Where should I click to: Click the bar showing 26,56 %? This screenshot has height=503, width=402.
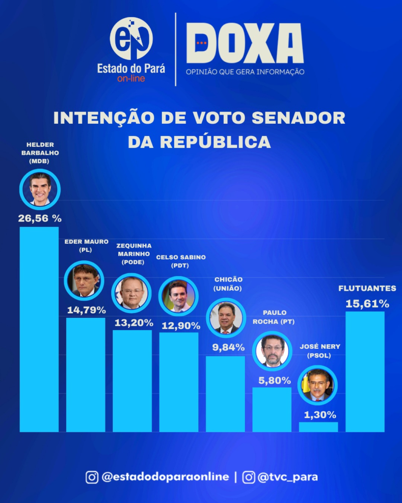pos(39,329)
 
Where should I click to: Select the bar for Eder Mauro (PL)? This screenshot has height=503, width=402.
pos(85,374)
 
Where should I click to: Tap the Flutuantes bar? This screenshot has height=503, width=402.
pos(365,371)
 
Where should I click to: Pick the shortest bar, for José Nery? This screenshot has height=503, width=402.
pos(318,427)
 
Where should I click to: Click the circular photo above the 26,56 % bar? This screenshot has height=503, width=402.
pos(40,189)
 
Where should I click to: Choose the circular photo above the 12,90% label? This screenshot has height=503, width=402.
pos(179,296)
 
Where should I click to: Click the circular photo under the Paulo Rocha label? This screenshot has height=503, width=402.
pos(272,350)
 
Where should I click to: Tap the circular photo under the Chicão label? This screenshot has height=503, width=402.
pos(226,318)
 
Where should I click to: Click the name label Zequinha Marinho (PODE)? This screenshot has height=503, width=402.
pos(134,253)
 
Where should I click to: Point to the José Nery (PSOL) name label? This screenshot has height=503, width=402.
pos(320,350)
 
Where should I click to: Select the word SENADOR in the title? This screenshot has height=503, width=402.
pos(301,118)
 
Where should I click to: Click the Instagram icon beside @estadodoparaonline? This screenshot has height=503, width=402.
pos(92,477)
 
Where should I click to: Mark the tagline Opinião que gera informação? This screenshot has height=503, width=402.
pos(245,72)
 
